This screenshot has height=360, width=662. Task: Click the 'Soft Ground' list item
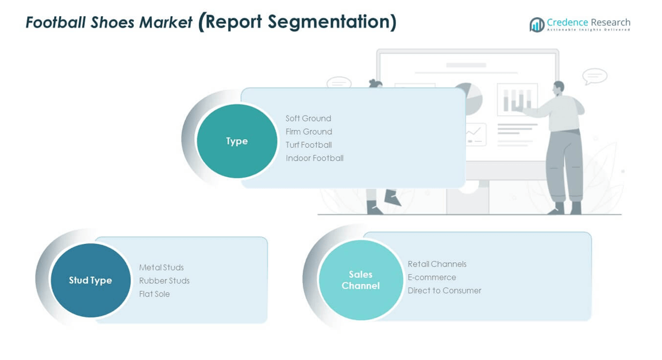[308, 118]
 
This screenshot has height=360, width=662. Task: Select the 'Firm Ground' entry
[309, 132]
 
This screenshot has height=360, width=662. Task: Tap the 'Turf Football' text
[309, 145]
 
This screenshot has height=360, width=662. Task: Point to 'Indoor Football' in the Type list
[314, 158]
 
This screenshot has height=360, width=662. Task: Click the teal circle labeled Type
[237, 141]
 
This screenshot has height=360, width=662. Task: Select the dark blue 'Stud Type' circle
[90, 280]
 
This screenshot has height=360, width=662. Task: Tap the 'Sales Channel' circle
[360, 280]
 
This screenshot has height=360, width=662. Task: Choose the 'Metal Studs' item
[161, 267]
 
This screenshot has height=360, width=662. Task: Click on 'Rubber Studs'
[164, 281]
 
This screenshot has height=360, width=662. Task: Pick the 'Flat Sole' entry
[155, 294]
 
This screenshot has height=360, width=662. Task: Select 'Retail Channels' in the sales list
[437, 264]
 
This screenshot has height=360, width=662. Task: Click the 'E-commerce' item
[432, 277]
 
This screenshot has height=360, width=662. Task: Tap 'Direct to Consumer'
[444, 290]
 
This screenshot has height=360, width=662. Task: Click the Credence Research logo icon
[537, 25]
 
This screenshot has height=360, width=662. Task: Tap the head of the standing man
[558, 88]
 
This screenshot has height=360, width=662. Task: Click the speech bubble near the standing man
[594, 76]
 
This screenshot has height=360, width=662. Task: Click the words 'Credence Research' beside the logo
[588, 22]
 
